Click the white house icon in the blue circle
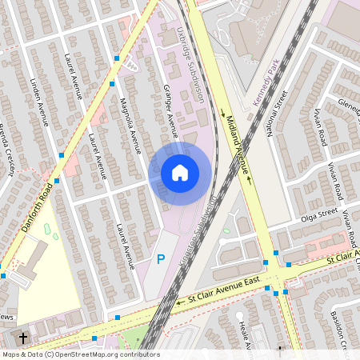[x=179, y=173]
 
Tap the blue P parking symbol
[x=161, y=259]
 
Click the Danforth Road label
[x=38, y=193]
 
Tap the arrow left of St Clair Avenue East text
[x=180, y=302]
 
